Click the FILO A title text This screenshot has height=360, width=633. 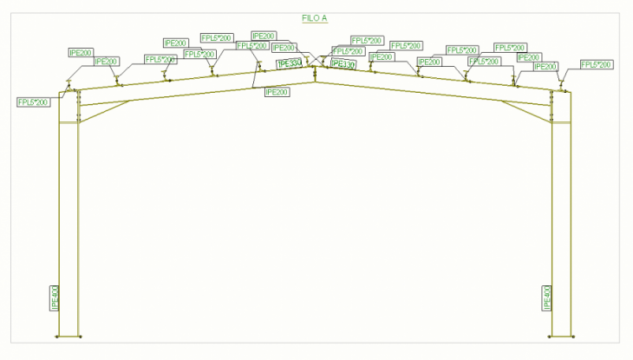coord(314,17)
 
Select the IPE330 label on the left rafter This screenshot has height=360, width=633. coord(289,63)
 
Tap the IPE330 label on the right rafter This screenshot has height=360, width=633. coord(343,64)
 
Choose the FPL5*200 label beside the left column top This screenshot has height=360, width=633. coord(33,102)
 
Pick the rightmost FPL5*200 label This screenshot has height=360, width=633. coord(596,65)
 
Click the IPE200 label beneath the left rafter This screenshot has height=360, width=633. coord(277,91)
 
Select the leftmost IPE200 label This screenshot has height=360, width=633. coord(81,53)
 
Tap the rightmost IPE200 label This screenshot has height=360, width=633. coord(546,66)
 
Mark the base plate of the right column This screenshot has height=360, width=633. coord(562,337)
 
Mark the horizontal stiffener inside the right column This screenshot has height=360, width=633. coord(562,122)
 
